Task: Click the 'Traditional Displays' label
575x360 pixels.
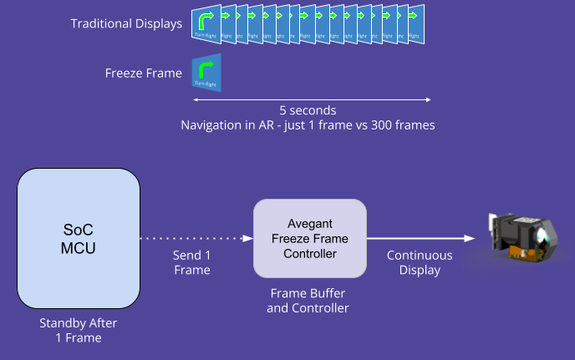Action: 126,23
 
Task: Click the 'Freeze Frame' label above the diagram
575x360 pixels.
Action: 144,74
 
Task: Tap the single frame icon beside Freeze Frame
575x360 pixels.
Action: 206,73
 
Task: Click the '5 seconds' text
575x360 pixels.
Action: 308,110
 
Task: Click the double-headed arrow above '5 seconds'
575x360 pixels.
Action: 312,100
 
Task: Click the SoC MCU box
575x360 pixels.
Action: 78,238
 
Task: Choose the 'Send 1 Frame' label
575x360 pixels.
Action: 191,262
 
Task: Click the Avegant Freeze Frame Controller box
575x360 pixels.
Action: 310,238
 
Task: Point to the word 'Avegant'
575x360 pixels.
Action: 310,223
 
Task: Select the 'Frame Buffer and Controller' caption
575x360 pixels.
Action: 308,301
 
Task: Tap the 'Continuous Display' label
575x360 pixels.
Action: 420,262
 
